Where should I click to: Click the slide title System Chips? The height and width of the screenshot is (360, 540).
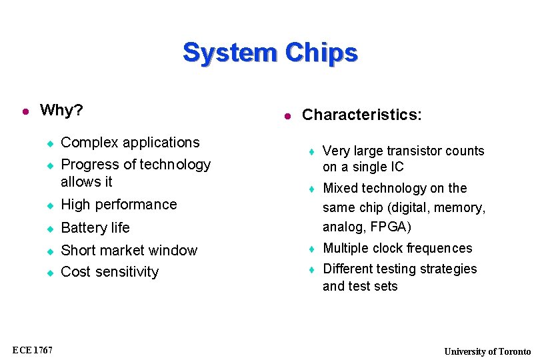tap(270, 52)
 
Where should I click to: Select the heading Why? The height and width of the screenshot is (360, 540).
tap(61, 110)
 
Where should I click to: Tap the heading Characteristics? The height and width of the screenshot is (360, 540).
tap(361, 115)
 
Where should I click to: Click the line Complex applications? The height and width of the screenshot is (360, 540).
tap(130, 143)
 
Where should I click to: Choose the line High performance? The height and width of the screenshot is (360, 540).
tap(119, 205)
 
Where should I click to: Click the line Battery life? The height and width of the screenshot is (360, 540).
tap(95, 228)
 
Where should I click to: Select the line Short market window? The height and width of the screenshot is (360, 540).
tap(129, 251)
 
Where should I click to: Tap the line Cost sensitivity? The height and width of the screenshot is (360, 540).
tap(109, 272)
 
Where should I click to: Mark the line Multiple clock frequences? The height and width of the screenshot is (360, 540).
tap(397, 249)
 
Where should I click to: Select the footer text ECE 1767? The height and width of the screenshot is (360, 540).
tap(32, 350)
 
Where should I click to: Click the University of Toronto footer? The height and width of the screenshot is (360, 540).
tap(487, 351)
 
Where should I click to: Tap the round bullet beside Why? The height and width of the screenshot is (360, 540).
tap(25, 111)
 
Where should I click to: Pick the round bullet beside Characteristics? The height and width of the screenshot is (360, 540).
tap(287, 116)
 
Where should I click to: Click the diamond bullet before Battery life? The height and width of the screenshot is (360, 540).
tap(49, 229)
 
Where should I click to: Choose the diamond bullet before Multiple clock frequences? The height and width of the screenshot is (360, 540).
tap(311, 249)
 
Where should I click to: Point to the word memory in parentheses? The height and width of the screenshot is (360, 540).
tap(460, 208)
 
